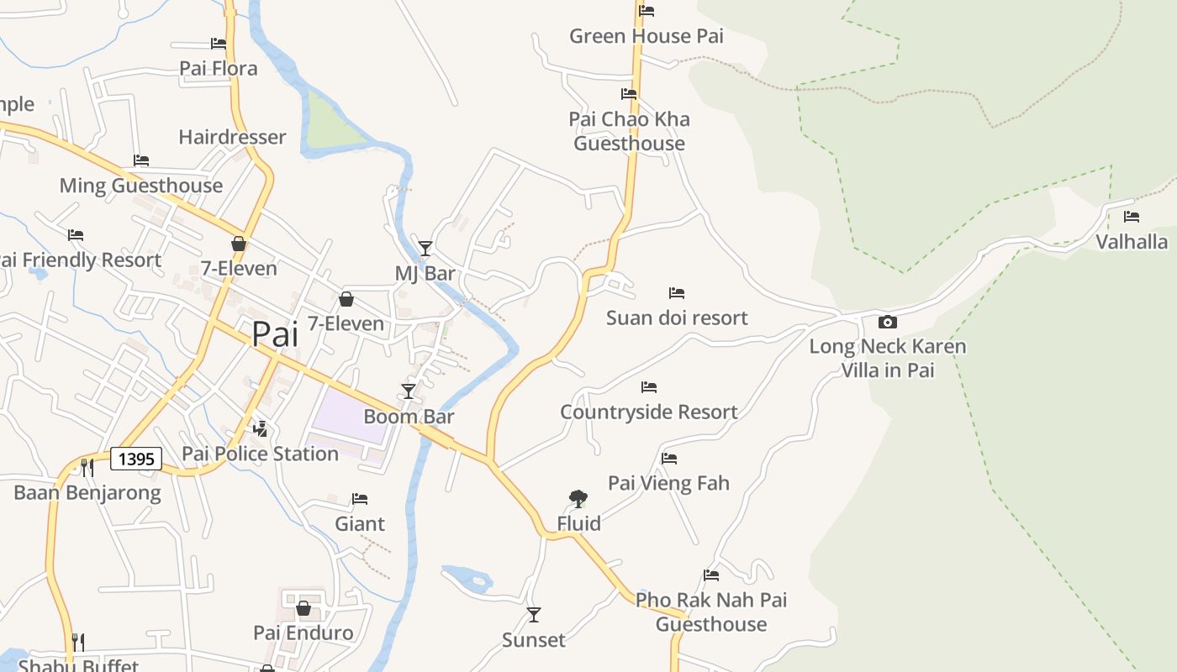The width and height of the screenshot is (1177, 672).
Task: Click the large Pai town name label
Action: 275,334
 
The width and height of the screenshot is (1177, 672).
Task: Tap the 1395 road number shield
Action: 136,459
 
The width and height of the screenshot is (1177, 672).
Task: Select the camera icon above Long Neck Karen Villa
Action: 887,322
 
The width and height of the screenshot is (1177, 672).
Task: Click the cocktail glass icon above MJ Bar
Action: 425,248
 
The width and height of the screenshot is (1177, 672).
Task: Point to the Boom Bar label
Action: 409,417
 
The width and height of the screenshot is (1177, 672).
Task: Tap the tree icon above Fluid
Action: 578,499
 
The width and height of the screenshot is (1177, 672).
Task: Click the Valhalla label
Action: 1132,242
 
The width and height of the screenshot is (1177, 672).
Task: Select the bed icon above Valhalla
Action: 1132,217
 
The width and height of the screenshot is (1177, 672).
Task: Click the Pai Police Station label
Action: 261,454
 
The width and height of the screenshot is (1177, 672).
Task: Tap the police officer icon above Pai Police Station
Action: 261,428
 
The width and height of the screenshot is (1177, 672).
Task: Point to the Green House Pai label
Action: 647,36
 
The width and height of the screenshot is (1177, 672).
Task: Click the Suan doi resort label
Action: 677,318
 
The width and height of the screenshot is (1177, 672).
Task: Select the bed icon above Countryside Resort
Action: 649,387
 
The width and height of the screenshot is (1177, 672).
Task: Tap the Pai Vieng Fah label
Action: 668,483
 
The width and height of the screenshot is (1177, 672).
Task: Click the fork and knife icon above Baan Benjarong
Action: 87,467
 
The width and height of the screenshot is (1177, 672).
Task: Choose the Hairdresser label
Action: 232,137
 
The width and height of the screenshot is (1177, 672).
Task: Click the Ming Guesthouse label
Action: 141,186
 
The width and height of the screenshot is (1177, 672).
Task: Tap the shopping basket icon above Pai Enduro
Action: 303,607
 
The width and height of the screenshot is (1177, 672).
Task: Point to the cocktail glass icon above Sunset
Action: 534,615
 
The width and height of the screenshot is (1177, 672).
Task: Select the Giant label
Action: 360,524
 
